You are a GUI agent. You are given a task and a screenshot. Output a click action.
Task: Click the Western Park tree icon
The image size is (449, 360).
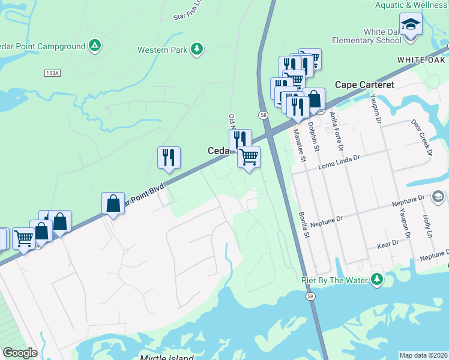click(196, 49)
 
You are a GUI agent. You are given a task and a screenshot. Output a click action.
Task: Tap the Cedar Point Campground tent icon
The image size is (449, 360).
click(94, 45)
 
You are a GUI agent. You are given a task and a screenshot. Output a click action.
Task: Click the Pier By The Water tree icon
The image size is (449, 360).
click(376, 280)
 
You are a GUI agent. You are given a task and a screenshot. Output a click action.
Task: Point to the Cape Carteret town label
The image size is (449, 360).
click(364, 85)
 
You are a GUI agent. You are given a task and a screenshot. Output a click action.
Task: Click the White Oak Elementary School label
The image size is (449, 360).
click(382, 36)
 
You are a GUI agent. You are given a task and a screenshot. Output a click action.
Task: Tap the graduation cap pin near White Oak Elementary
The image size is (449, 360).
click(411, 25)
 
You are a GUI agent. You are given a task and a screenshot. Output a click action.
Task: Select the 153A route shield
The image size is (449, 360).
click(52, 73)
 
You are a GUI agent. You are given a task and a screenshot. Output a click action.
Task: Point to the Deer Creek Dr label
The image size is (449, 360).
click(422, 136)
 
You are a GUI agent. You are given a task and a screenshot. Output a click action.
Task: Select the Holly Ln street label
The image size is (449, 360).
click(427, 224)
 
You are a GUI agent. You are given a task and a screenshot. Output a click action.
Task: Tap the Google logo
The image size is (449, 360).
click(20, 353)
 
